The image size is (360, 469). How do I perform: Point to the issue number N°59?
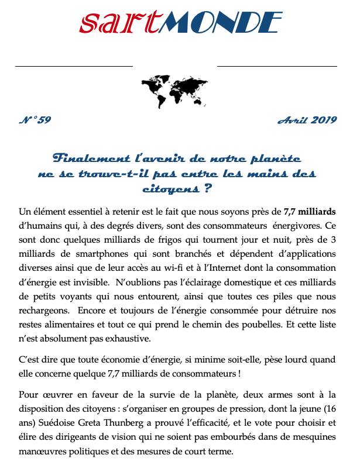[35, 120]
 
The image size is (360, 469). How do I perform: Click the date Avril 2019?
[307, 120]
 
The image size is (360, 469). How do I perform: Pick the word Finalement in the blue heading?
[88, 158]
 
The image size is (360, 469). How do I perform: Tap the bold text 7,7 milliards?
[310, 211]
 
